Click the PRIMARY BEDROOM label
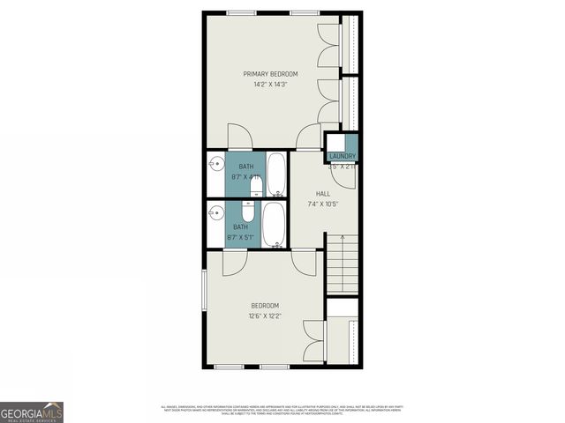tap(270, 73)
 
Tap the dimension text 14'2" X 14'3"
tap(270, 84)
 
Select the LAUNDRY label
tap(342, 156)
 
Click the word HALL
tap(322, 194)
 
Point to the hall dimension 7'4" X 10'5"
tap(322, 204)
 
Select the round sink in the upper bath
tap(215, 165)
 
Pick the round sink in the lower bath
tap(215, 213)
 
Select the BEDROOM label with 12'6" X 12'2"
tap(265, 306)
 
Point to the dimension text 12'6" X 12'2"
tap(265, 315)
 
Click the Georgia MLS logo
tap(31, 412)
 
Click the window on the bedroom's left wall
tap(205, 290)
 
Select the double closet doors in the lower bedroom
tap(343, 339)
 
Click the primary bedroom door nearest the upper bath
tap(239, 137)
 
